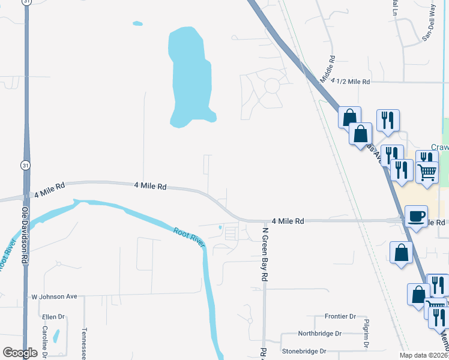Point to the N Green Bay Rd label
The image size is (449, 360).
pyautogui.click(x=264, y=254)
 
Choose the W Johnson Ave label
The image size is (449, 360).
pyautogui.click(x=55, y=296)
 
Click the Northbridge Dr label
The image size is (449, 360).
pyautogui.click(x=320, y=334)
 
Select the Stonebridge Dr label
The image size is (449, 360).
pyautogui.click(x=305, y=351)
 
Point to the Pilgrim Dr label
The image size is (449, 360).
pyautogui.click(x=366, y=334)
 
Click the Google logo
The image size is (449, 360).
pyautogui.click(x=20, y=353)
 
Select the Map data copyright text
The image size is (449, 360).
pyautogui.click(x=424, y=355)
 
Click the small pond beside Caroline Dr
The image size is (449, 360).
pyautogui.click(x=56, y=335)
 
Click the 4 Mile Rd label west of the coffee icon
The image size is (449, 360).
pyautogui.click(x=288, y=221)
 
